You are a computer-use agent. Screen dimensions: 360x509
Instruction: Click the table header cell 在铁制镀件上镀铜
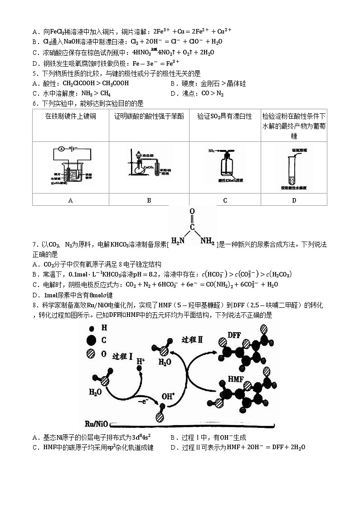pos(70,116)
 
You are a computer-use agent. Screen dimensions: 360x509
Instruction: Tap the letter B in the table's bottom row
pos(149,200)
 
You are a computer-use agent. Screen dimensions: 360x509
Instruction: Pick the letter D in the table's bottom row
pos(294,200)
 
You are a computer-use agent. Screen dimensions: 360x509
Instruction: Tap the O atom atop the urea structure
pos(192,212)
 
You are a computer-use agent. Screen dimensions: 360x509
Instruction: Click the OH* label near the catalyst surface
pos(168,396)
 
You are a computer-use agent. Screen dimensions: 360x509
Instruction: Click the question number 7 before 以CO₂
pos(34,245)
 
